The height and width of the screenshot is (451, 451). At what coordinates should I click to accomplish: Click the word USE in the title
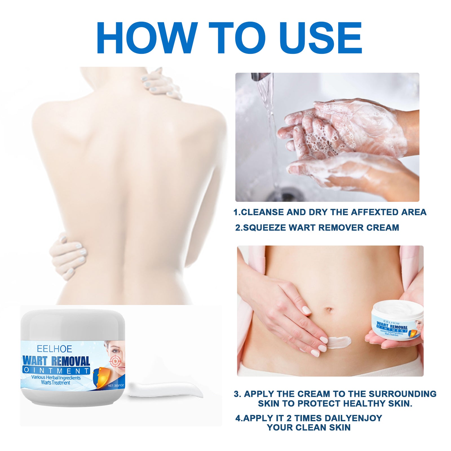pyautogui.click(x=321, y=38)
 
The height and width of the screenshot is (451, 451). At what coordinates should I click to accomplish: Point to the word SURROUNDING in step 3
pyautogui.click(x=402, y=394)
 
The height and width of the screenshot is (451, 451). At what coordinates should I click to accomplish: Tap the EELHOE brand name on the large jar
pyautogui.click(x=54, y=349)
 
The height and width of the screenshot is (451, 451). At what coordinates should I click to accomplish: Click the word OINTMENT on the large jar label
pyautogui.click(x=56, y=370)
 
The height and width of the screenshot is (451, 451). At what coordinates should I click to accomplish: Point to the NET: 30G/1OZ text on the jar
pyautogui.click(x=116, y=385)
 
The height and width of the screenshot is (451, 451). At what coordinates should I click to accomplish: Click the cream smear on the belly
pyautogui.click(x=340, y=342)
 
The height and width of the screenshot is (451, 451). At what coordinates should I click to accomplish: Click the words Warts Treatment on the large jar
pyautogui.click(x=56, y=383)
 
